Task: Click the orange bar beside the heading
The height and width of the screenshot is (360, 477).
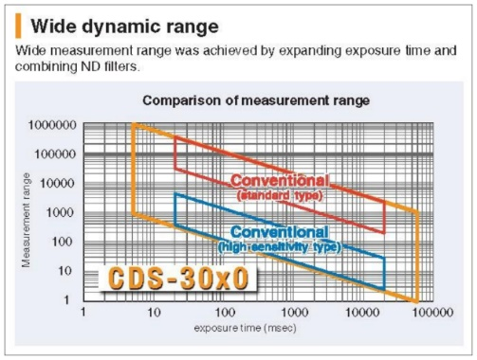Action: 18,26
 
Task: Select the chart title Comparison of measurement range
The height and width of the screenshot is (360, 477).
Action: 256,100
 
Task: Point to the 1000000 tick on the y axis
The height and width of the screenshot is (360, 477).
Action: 52,125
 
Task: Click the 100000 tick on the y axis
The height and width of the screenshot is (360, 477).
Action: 56,154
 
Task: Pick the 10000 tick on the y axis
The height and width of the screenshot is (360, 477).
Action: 58,183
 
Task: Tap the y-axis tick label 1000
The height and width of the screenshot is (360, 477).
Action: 60,212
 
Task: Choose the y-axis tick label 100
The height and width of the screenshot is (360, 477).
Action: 63,242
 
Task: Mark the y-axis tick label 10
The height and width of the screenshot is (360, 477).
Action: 65,271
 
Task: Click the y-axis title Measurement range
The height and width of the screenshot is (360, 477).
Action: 27,220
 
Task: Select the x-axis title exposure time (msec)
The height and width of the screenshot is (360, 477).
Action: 246,328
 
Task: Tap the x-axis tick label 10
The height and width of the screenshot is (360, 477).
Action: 154,313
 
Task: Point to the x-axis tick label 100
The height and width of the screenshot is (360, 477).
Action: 225,313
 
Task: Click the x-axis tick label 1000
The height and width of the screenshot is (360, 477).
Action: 295,313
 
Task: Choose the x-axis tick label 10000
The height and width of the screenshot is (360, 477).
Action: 362,313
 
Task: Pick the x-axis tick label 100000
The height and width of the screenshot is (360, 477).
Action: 432,313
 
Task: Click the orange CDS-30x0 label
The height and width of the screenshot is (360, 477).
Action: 178,279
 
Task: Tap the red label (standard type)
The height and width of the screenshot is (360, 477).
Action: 280,195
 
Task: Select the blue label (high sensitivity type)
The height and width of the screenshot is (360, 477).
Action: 280,246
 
